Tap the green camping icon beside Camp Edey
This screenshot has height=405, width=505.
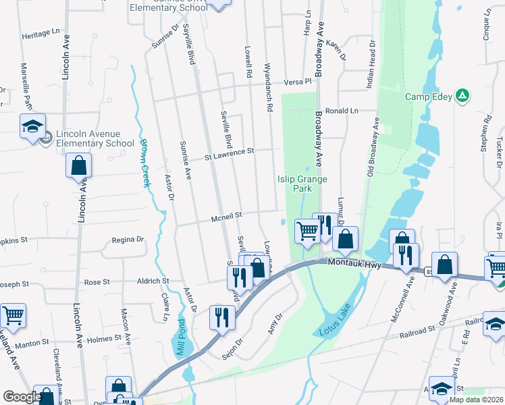pyautogui.click(x=462, y=96)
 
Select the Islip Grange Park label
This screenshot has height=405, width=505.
pyautogui.click(x=302, y=184)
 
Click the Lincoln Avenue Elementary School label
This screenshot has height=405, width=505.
pyautogui.click(x=95, y=138)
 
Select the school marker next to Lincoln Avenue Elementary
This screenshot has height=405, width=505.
pyautogui.click(x=32, y=127)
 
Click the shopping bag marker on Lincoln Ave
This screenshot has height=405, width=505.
pyautogui.click(x=79, y=166)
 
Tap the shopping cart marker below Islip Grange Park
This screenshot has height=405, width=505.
pyautogui.click(x=307, y=231)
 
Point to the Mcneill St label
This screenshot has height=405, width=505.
pyautogui.click(x=226, y=217)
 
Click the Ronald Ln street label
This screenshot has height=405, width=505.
pyautogui.click(x=341, y=111)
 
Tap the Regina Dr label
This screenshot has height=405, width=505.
pyautogui.click(x=128, y=240)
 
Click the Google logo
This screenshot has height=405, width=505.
pyautogui.click(x=22, y=397)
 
